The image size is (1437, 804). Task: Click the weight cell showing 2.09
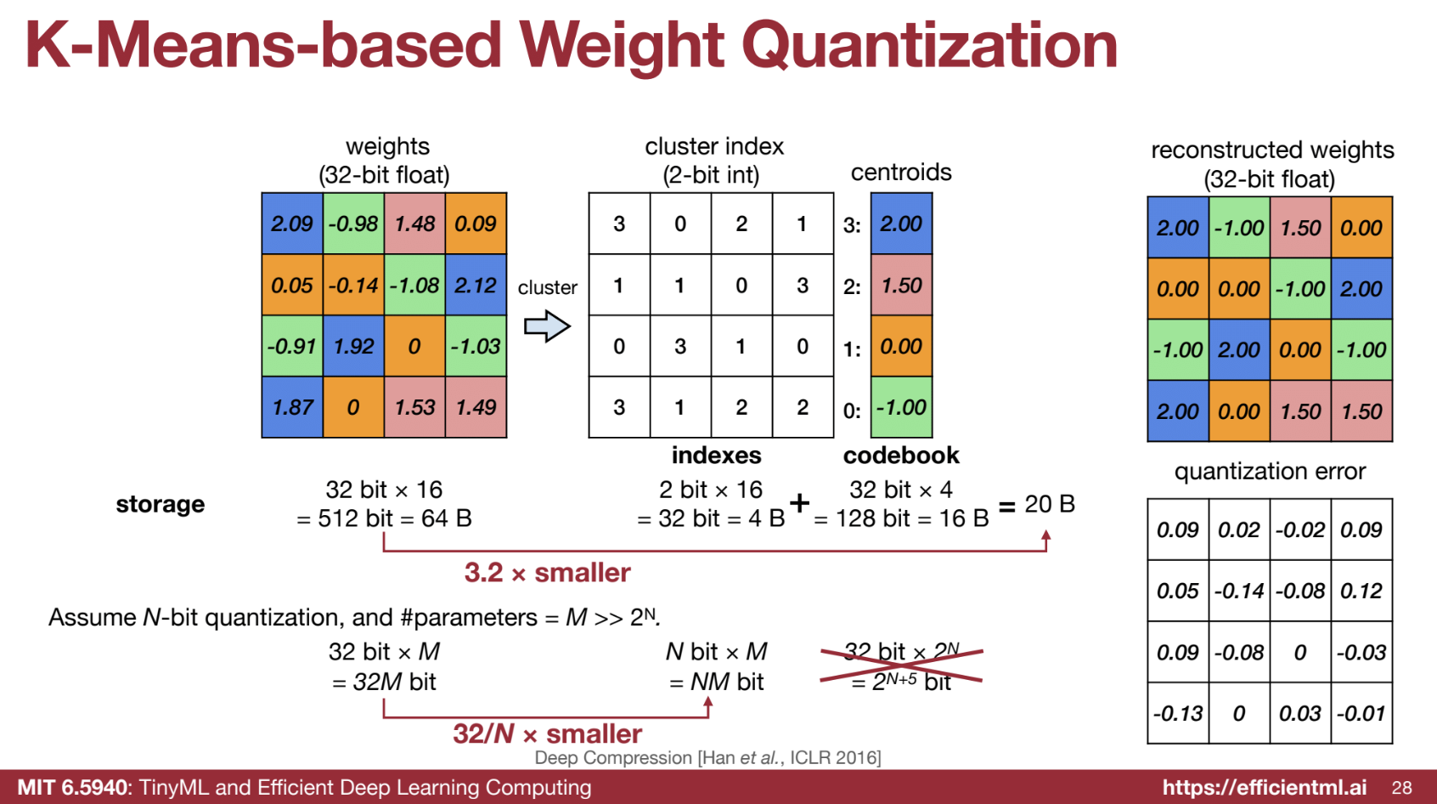(x=292, y=224)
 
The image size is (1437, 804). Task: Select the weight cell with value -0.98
(x=353, y=224)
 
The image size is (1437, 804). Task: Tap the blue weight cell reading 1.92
(x=353, y=346)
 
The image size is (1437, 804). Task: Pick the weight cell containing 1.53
(x=414, y=407)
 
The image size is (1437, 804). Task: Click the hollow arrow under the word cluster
(x=547, y=326)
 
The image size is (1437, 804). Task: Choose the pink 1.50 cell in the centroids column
(x=901, y=285)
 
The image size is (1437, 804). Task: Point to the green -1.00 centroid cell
(x=901, y=407)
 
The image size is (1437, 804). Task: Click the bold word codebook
(x=901, y=456)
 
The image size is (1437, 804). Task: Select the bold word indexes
(x=717, y=456)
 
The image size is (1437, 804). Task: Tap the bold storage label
(x=161, y=505)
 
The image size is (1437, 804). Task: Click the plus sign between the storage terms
(x=799, y=503)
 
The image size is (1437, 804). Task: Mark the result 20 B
(x=1050, y=504)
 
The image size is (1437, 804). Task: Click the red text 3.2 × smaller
(x=547, y=572)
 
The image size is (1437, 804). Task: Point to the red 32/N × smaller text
(x=547, y=733)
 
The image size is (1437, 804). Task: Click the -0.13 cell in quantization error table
(x=1178, y=713)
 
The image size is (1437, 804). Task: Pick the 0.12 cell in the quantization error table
(x=1361, y=591)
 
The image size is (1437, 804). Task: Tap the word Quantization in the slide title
(x=930, y=45)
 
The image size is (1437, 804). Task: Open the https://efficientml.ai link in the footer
(x=1265, y=787)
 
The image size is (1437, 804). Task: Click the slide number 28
(x=1401, y=788)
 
